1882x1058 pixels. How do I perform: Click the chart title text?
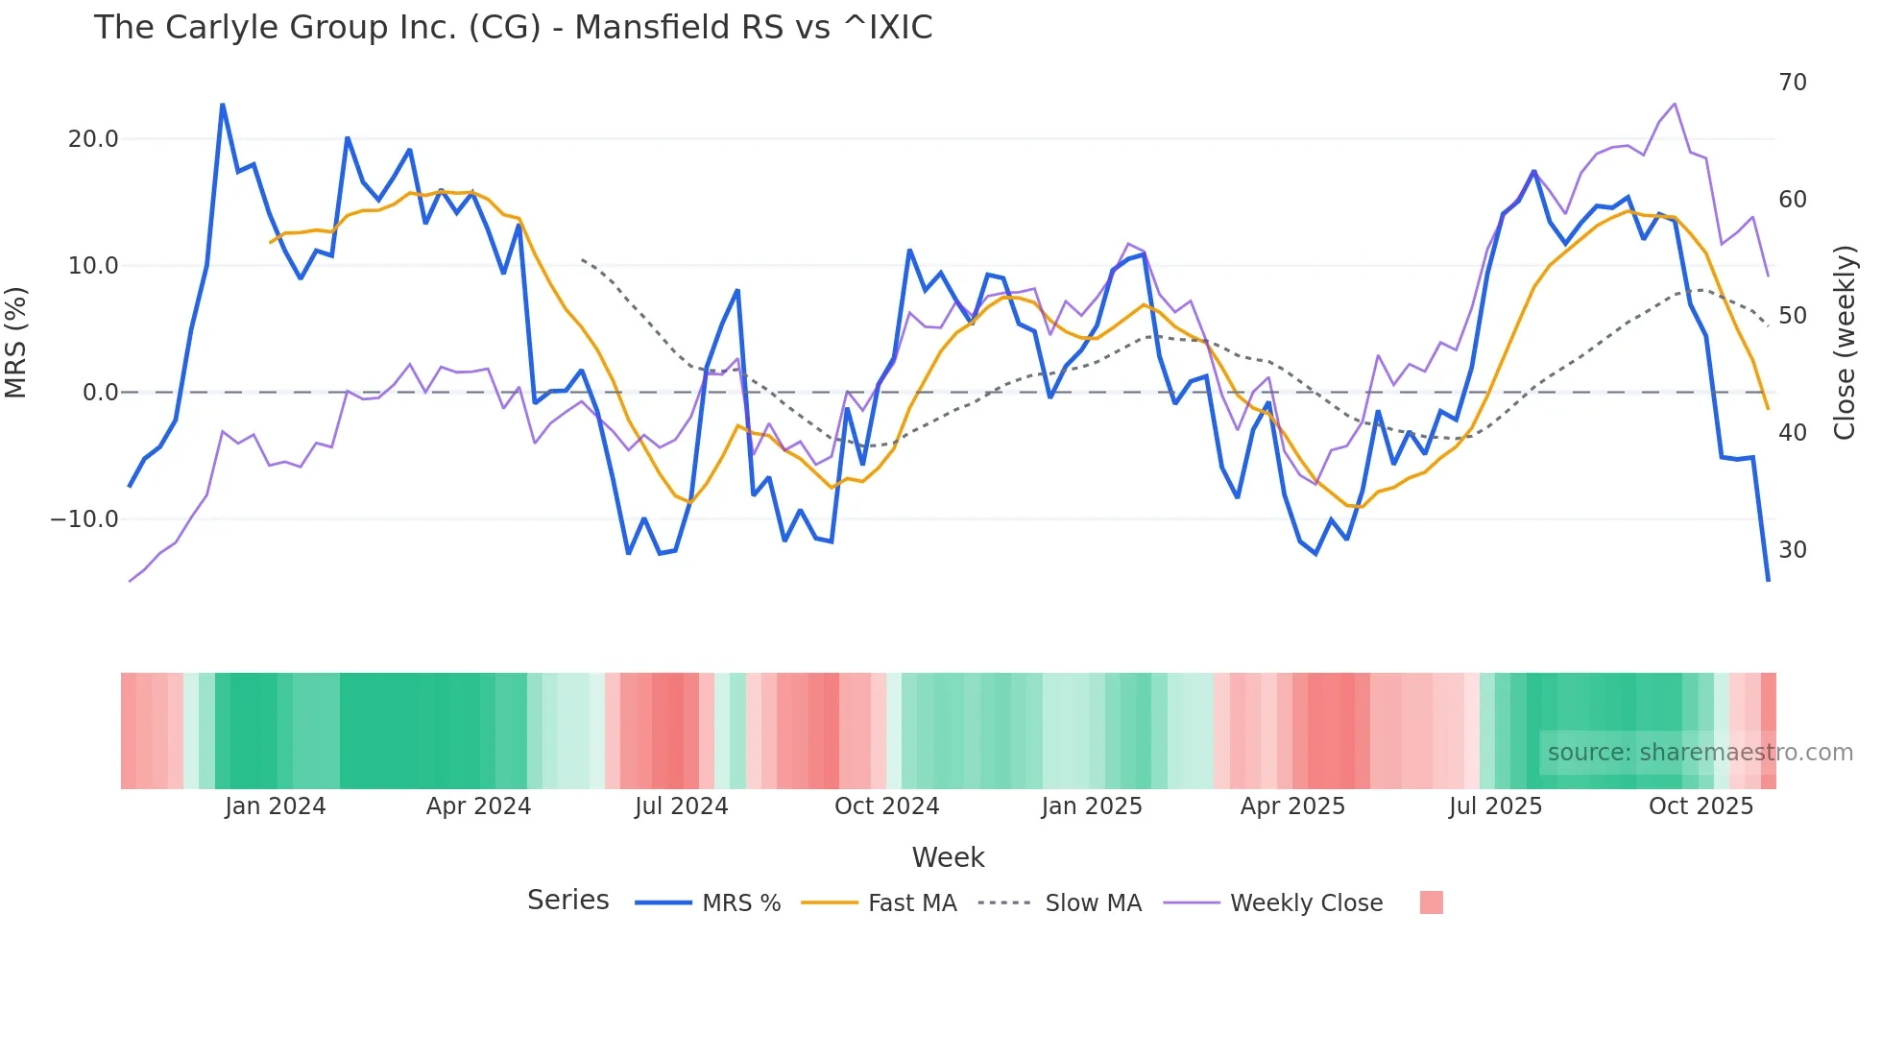(x=513, y=28)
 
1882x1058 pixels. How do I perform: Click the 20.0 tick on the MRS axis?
(x=93, y=139)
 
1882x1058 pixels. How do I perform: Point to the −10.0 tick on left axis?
(x=84, y=519)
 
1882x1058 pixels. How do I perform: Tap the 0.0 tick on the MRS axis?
(x=100, y=393)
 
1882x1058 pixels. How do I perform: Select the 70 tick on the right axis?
(x=1792, y=83)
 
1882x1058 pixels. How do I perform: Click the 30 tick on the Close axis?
(x=1792, y=550)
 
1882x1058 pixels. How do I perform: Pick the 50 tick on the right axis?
(x=1792, y=316)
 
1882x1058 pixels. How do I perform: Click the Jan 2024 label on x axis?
(x=276, y=806)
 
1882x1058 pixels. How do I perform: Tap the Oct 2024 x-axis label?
(x=886, y=806)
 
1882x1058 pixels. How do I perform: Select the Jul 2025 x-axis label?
(x=1495, y=806)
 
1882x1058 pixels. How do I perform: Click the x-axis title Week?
(x=948, y=857)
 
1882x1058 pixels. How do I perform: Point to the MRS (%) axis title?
(x=16, y=343)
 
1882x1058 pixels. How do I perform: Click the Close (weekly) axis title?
(x=1845, y=343)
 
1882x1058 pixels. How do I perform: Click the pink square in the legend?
(x=1431, y=902)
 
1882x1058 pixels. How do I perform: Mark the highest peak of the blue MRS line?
(x=223, y=105)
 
